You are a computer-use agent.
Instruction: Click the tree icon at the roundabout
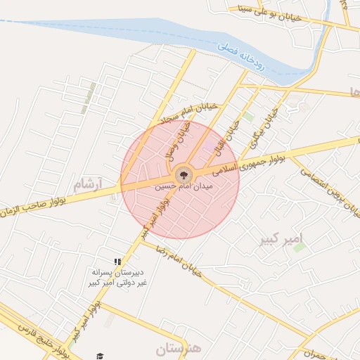pos(181,173)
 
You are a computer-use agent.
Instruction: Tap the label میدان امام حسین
pos(183,188)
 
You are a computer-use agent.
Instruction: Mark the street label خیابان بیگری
pos(261,127)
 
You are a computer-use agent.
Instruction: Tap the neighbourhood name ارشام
pos(88,185)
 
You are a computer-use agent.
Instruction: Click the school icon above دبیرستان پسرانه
pos(118,262)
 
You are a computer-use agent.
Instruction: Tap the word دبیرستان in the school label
pos(129,271)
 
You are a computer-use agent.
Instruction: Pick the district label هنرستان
pos(178,347)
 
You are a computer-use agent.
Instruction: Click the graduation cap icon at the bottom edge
pos(100,356)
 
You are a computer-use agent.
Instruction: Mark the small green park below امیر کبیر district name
pos(300,247)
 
